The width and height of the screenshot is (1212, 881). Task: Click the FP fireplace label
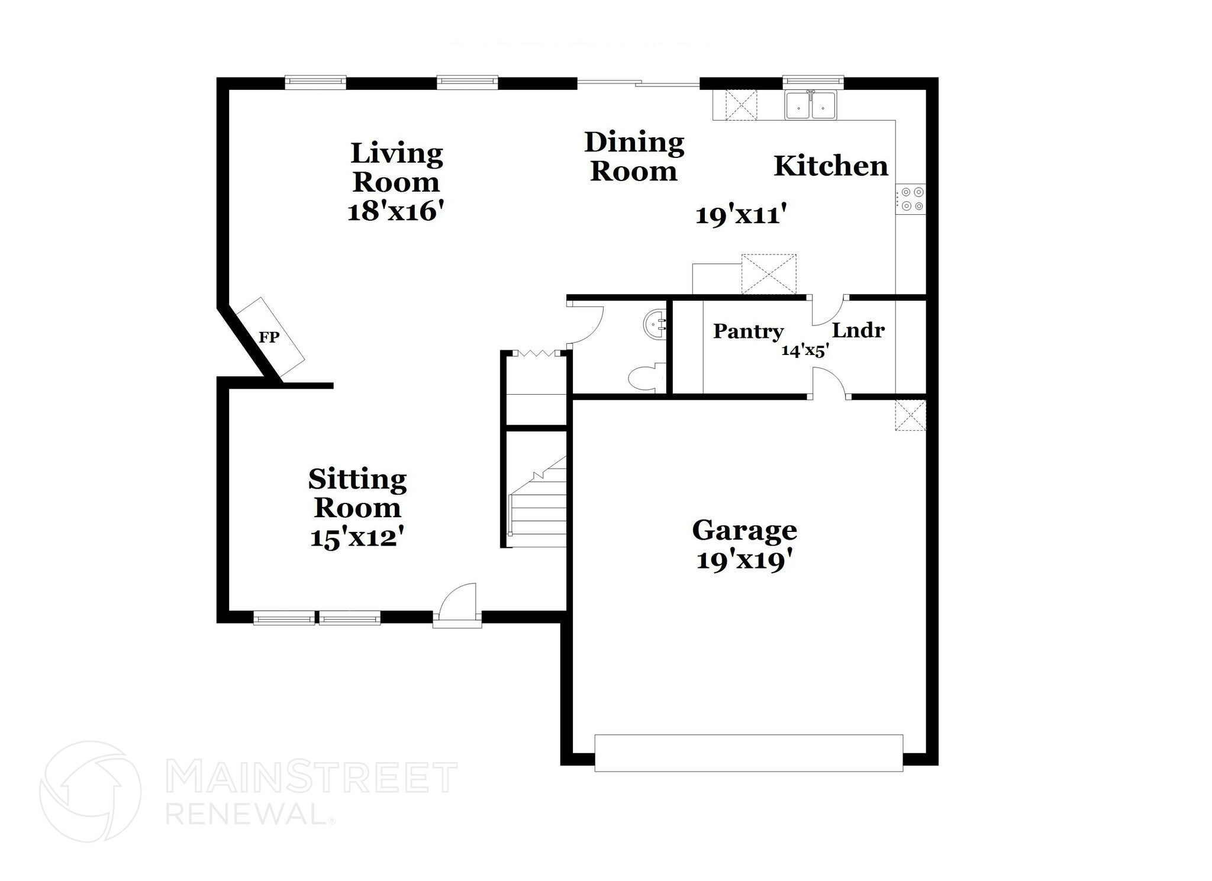(x=269, y=337)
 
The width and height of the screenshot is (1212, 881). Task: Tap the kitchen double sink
(x=811, y=106)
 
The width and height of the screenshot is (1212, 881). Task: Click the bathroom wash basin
(x=655, y=325)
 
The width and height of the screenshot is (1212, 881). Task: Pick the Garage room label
(x=744, y=530)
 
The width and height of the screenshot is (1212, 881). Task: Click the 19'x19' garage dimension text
(x=744, y=560)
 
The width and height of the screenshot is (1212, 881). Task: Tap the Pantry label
(x=748, y=331)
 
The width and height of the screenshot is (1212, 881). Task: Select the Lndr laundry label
(x=858, y=330)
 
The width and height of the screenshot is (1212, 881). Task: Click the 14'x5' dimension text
(x=805, y=350)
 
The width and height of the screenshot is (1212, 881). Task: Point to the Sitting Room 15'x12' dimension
(x=357, y=538)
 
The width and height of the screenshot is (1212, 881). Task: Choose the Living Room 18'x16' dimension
(x=395, y=212)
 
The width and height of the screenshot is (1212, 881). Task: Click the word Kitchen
(x=831, y=166)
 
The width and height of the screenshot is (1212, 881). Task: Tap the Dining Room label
(x=634, y=157)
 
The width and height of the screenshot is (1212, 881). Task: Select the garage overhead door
(x=749, y=753)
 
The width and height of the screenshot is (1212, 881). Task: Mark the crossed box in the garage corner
(x=910, y=415)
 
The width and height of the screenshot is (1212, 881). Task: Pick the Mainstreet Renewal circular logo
(x=90, y=791)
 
